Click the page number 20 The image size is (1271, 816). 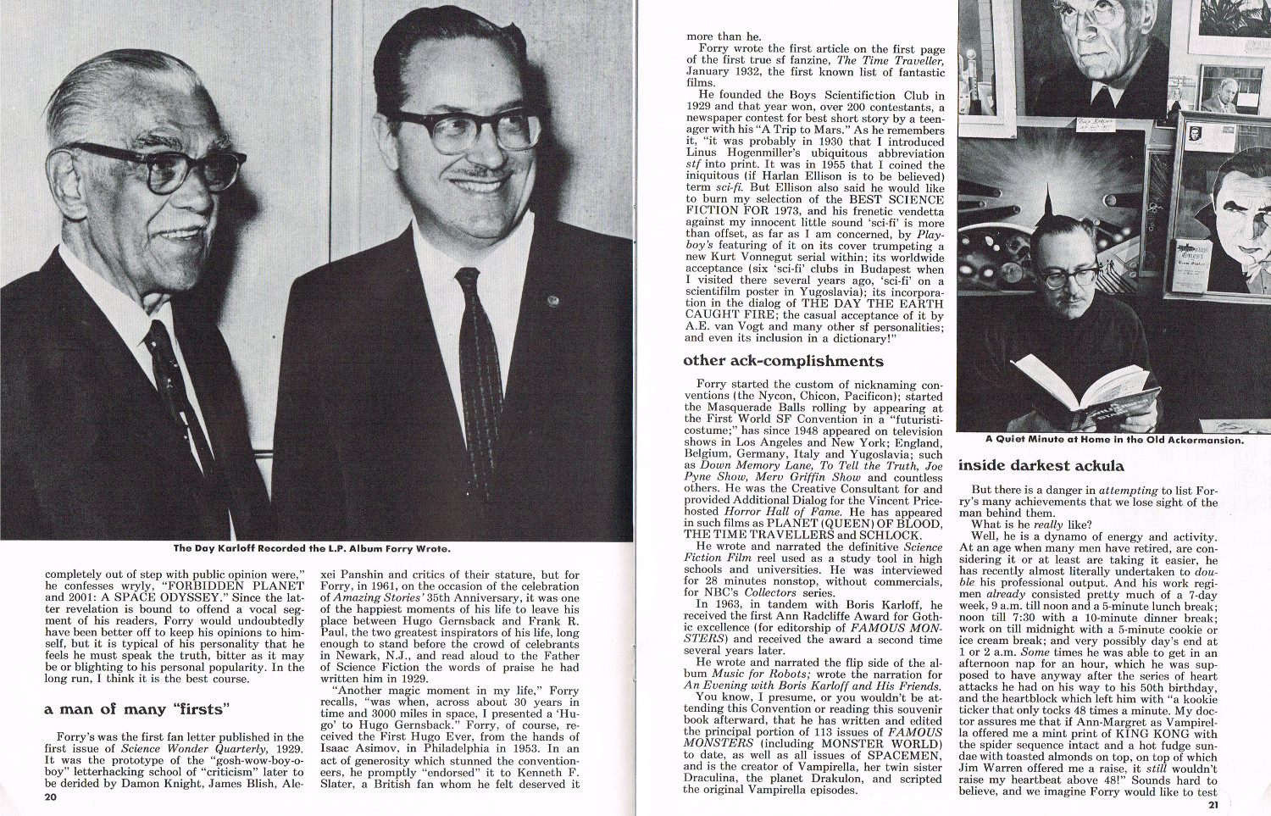(51, 797)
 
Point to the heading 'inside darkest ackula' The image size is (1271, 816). (1041, 465)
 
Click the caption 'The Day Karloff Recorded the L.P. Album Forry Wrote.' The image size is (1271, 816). (312, 548)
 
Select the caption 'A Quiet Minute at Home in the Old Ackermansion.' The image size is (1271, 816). (1114, 440)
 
